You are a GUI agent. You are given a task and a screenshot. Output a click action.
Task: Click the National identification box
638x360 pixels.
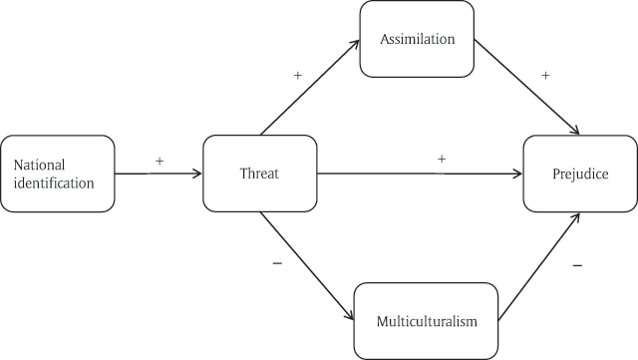[x=58, y=174]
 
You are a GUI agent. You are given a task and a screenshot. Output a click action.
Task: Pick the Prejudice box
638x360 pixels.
[x=580, y=174]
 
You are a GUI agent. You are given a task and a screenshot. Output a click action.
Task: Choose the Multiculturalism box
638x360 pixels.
[x=427, y=321]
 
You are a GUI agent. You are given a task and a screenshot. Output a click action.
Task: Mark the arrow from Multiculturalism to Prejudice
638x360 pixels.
[x=538, y=266]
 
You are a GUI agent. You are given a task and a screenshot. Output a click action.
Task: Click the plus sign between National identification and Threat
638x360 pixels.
[x=159, y=160]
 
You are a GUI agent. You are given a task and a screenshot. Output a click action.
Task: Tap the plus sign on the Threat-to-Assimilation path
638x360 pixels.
[x=297, y=75]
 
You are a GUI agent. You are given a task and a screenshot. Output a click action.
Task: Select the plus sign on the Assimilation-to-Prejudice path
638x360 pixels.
[x=545, y=75]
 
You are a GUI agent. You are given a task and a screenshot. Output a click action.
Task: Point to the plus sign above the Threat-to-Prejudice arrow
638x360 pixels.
[x=441, y=159]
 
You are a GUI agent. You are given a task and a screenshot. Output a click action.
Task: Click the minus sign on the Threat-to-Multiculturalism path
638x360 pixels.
[x=276, y=263]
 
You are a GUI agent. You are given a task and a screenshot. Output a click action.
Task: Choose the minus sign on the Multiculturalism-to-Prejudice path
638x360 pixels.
[x=578, y=266]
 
